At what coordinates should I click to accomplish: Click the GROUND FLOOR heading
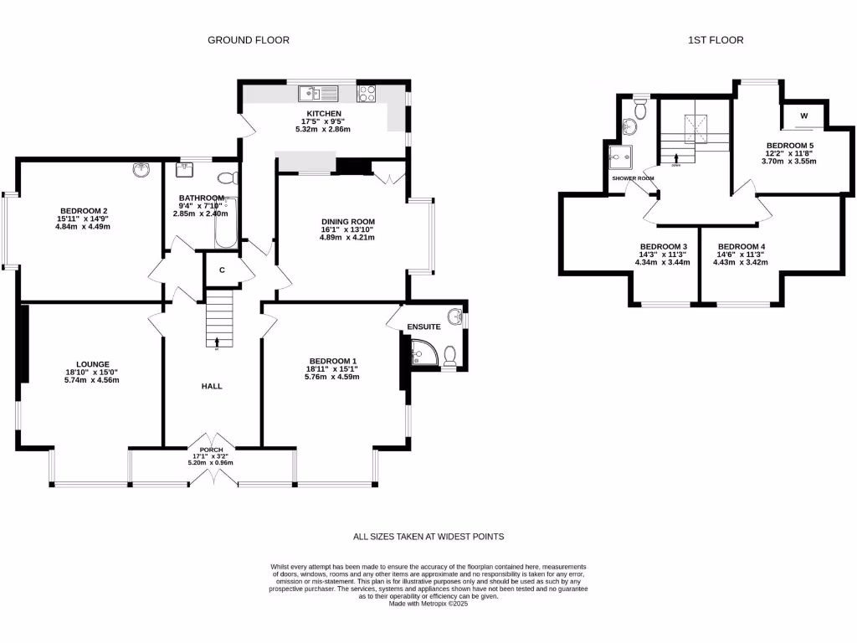pos(249,39)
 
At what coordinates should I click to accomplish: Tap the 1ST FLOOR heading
pos(716,39)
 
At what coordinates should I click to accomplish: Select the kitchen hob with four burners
pos(367,94)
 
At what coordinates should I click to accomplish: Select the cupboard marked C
pos(222,270)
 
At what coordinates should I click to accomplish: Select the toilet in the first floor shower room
pos(640,109)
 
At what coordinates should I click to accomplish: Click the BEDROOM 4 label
pos(741,247)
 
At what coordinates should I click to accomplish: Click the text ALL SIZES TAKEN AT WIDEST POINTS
pos(428,537)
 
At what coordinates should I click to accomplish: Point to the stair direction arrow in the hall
pos(218,342)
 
